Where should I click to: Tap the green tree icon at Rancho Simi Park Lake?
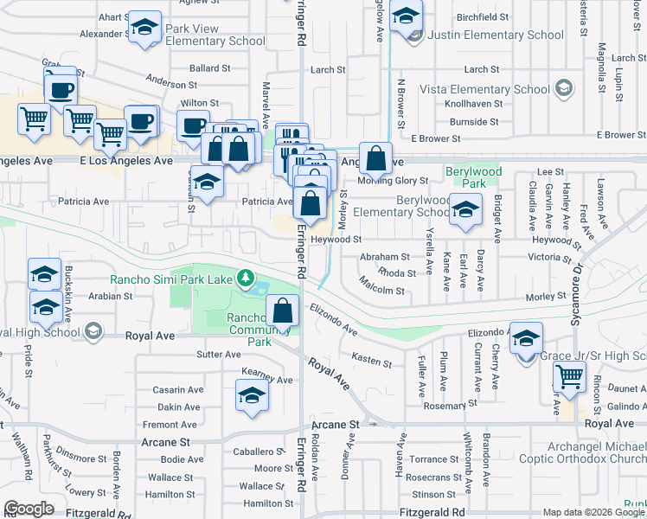pyautogui.click(x=247, y=278)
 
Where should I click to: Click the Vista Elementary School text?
pyautogui.click(x=484, y=89)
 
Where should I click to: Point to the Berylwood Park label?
pyautogui.click(x=473, y=177)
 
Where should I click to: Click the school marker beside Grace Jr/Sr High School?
pyautogui.click(x=525, y=339)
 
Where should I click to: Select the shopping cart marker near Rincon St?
pyautogui.click(x=569, y=377)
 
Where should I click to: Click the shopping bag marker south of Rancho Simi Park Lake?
pyautogui.click(x=283, y=310)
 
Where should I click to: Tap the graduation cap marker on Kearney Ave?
pyautogui.click(x=251, y=396)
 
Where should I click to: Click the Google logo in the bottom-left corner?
pyautogui.click(x=29, y=509)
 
